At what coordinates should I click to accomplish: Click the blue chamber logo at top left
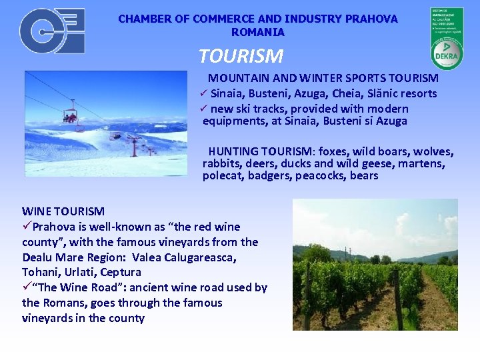(51, 31)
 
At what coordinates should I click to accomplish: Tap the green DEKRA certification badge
(446, 39)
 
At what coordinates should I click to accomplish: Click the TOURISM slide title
(241, 56)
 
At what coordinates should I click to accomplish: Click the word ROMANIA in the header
(258, 32)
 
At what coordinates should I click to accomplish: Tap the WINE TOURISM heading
(63, 211)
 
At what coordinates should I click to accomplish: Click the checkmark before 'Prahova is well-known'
(27, 227)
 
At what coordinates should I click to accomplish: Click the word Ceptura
(121, 272)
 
